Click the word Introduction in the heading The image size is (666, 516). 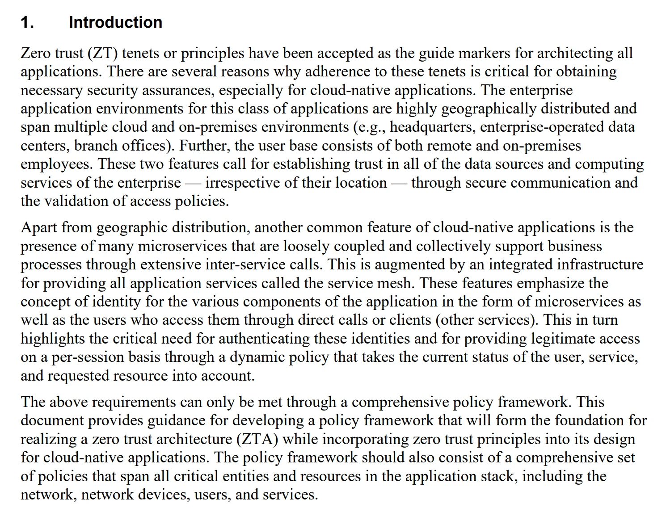115,22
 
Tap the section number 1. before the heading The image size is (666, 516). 27,22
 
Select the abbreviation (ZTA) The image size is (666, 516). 257,439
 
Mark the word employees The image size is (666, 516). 57,164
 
